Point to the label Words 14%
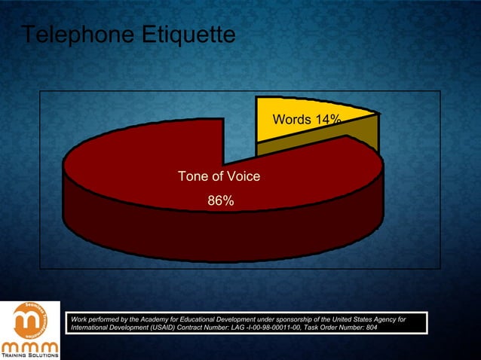point(307,120)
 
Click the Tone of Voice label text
point(219,176)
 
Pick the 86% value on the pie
point(221,201)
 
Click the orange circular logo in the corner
point(29,321)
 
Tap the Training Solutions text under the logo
point(29,355)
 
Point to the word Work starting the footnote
point(78,320)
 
